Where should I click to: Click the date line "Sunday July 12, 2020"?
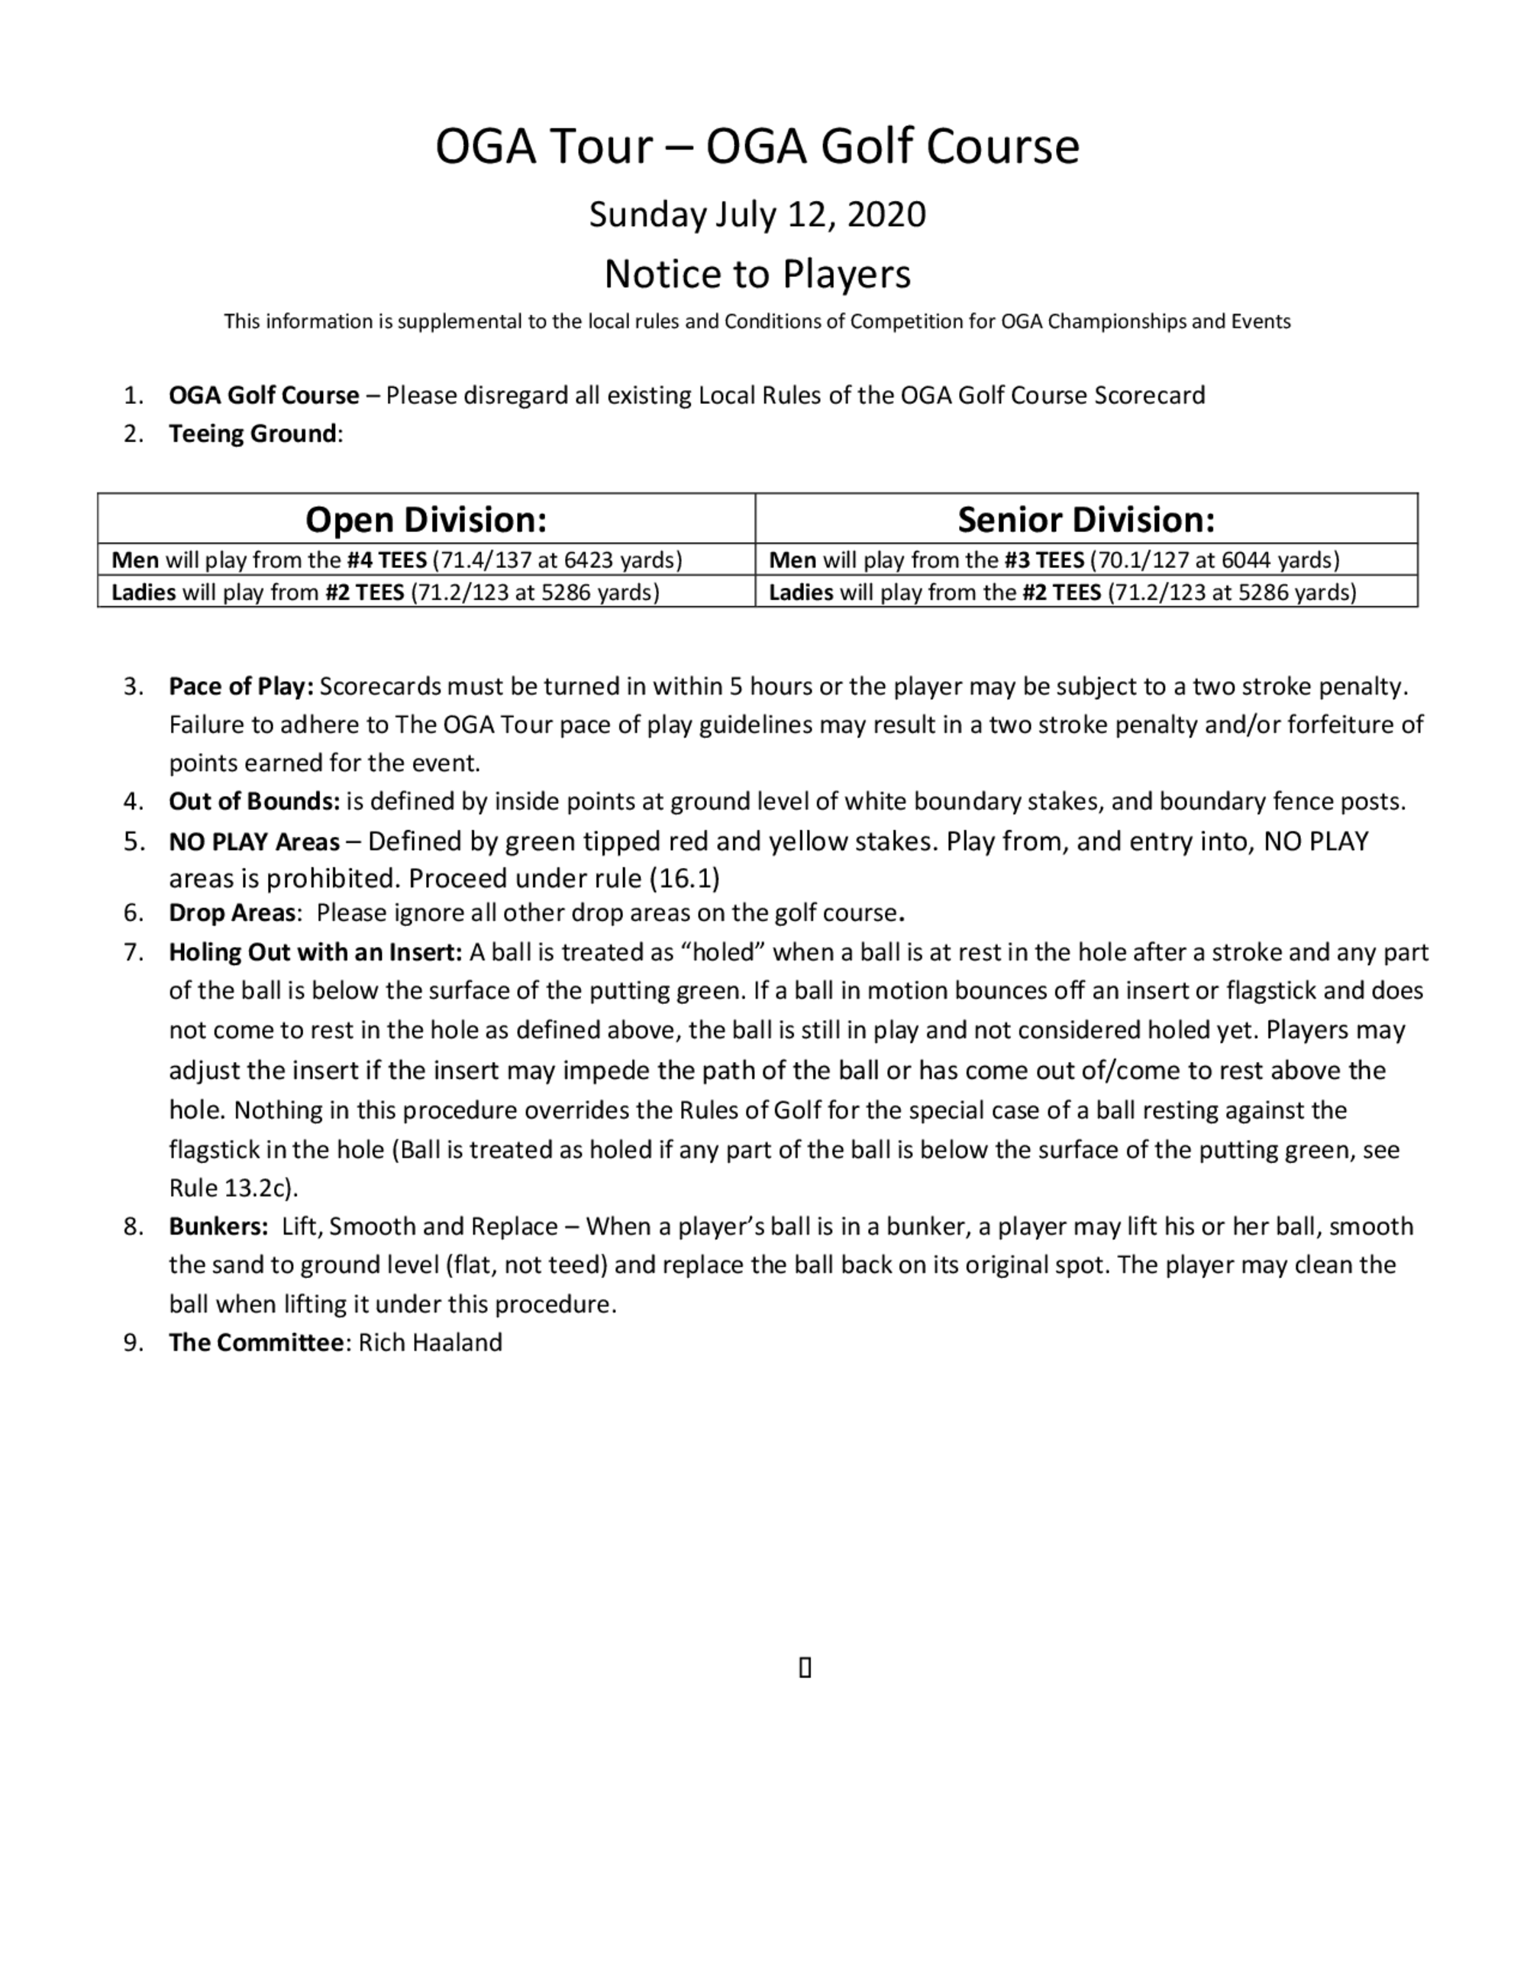pos(757,215)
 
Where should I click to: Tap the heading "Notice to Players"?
pos(757,273)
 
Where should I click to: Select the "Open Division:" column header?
pos(426,519)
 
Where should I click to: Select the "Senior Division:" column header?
pos(1086,519)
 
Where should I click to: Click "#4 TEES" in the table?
pos(386,560)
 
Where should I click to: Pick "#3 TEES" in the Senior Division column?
pos(1044,560)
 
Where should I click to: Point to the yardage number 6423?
pos(588,560)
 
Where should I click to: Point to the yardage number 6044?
pos(1246,560)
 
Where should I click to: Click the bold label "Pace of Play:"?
pos(241,686)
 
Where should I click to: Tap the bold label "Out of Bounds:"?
pos(254,802)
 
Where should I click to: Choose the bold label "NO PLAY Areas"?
pos(254,842)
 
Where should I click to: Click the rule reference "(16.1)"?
pos(684,879)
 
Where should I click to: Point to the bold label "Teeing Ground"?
pos(253,434)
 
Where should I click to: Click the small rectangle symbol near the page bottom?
pos(805,1668)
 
